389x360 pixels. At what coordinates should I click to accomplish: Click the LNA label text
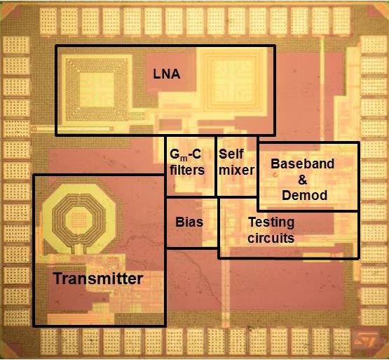(167, 74)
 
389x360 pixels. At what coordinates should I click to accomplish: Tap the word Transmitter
(98, 279)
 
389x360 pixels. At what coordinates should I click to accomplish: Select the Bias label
(189, 222)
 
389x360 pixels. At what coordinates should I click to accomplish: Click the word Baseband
(302, 164)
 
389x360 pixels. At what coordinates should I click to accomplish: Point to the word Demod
(305, 195)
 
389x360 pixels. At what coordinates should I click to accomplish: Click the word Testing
(271, 223)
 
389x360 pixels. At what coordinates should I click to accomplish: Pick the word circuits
(271, 239)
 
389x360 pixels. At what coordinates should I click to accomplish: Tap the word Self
(231, 154)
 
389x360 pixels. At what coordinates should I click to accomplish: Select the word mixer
(236, 171)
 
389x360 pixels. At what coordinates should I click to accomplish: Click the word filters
(187, 171)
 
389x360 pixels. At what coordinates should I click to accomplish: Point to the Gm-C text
(185, 155)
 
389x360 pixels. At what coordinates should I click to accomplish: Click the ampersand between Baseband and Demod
(302, 180)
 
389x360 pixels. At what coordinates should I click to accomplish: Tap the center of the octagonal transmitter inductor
(79, 220)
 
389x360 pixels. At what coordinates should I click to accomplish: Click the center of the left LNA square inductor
(97, 90)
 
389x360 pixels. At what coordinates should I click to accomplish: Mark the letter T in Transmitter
(58, 279)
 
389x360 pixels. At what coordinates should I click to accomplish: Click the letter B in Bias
(179, 222)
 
